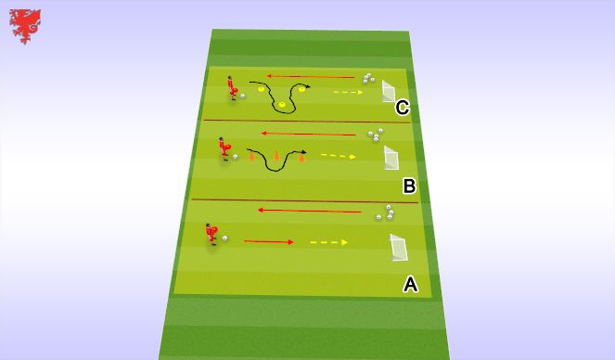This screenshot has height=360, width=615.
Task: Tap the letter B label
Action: pos(409,186)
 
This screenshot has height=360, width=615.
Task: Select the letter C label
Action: pos(403,109)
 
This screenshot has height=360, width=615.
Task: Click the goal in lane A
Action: pos(399,249)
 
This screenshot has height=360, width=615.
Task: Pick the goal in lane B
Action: pos(392,157)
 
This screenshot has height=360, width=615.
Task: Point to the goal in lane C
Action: pos(388,93)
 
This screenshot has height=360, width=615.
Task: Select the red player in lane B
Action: pos(224,150)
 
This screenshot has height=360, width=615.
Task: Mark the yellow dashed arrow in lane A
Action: pos(328,242)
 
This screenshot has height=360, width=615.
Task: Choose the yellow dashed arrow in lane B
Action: pos(339,156)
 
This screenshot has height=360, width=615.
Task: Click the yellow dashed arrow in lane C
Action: pos(349,92)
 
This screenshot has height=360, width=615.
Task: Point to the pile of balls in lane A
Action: pos(384,215)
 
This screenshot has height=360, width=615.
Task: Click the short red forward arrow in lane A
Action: pos(268,242)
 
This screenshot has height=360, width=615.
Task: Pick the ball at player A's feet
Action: pos(225,238)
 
